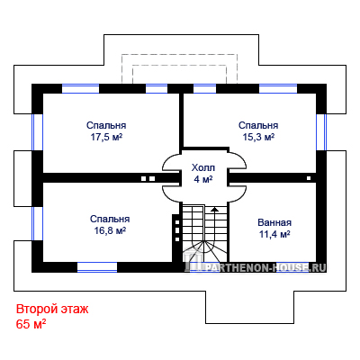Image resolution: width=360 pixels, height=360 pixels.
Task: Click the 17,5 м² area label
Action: (x=106, y=137)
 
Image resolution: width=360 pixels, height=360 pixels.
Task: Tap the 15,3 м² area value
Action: (x=258, y=137)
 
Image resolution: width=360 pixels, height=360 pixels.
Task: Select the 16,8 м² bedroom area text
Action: (x=110, y=230)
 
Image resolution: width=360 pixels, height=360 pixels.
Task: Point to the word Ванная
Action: (x=274, y=222)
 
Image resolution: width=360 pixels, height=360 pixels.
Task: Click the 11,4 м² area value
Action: (x=274, y=234)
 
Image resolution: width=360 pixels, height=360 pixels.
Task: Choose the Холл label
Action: (x=203, y=167)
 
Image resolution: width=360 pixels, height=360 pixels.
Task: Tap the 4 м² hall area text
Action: (x=203, y=179)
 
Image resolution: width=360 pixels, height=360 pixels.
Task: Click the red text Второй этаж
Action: (x=52, y=309)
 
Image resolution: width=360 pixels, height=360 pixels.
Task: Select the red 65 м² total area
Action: (x=31, y=324)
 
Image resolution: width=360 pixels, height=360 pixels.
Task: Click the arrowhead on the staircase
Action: (x=214, y=209)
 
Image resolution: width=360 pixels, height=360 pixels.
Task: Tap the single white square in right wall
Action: (x=309, y=178)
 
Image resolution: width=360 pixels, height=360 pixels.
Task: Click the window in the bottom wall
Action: (x=97, y=267)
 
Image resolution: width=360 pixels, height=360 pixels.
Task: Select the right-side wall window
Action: (x=321, y=132)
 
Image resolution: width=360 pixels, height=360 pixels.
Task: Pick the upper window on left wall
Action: (x=37, y=132)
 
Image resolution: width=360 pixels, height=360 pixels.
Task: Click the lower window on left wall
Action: (x=37, y=223)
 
